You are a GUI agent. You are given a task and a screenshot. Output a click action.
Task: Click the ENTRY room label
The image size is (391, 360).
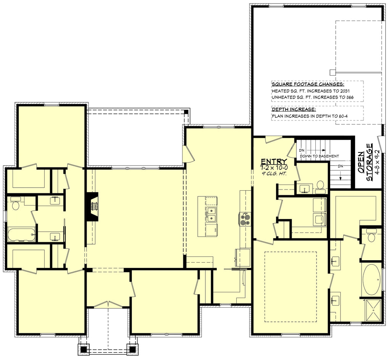(x=274, y=161)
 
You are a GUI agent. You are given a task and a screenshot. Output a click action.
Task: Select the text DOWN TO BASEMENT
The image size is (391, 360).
(x=320, y=156)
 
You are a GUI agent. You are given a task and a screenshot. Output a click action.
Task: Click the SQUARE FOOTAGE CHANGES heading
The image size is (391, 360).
(x=308, y=84)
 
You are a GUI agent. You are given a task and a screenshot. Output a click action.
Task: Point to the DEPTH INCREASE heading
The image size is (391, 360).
(x=294, y=109)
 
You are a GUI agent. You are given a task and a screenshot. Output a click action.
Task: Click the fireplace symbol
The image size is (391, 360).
(x=92, y=206)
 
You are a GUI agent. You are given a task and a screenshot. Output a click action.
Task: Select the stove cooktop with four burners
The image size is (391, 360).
(x=245, y=219)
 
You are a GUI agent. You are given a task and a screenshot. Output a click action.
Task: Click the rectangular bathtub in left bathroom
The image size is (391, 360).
(x=21, y=234)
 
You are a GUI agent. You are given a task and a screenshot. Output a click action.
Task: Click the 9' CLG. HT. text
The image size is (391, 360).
(x=274, y=174)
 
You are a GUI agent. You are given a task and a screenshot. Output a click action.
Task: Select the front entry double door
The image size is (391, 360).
(x=108, y=304)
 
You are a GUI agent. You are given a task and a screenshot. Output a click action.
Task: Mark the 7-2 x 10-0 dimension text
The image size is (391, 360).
(x=274, y=168)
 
